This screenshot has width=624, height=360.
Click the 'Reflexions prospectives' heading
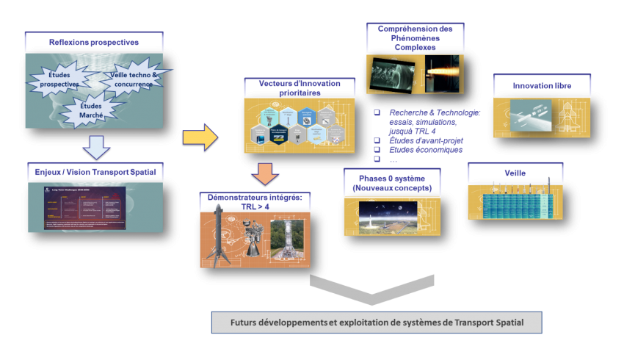pos(92,42)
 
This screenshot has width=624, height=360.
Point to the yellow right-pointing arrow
pos(200,135)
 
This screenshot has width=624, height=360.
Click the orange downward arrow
pos(264,174)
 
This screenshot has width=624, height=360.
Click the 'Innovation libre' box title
pos(542,86)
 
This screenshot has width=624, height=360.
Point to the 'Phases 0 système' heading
pos(392,183)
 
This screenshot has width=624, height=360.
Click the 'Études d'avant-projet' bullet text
pos(427,140)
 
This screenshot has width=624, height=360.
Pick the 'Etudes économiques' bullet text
pos(426,150)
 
